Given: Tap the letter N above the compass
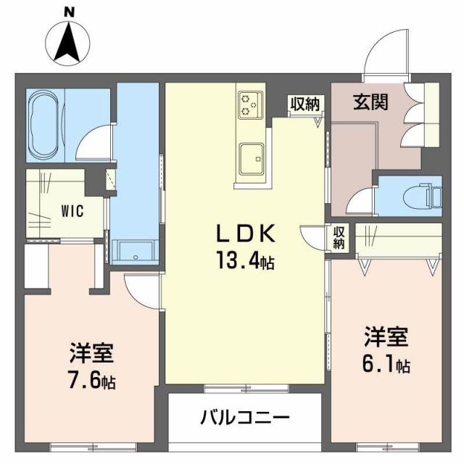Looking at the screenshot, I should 68,10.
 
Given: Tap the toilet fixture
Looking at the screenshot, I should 428,194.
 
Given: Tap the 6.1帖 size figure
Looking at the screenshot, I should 386,364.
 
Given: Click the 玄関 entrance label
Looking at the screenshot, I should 370,102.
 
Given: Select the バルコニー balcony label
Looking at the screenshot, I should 244,418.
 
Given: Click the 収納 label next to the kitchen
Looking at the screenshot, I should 304,104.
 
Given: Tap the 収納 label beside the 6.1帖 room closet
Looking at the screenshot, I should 339,238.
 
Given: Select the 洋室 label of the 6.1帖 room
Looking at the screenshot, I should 386,338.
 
